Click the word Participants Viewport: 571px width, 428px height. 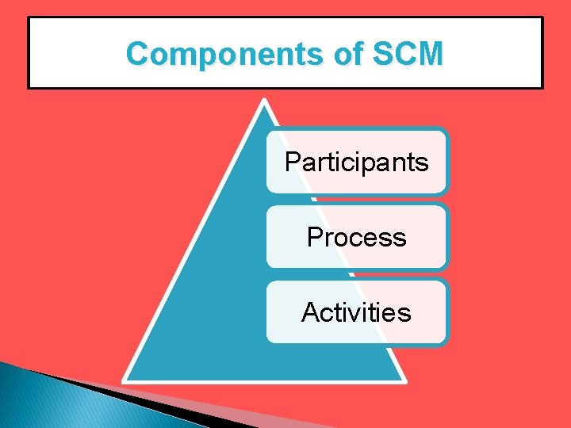356,162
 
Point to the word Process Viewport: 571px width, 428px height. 356,237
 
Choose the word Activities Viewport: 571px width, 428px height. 356,312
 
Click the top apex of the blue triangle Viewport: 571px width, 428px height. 264,101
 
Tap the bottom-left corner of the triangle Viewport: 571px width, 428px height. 125,380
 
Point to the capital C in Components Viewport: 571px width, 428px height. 137,55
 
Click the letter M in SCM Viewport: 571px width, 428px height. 429,55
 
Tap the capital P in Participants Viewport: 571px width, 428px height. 292,162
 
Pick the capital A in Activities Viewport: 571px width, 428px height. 310,312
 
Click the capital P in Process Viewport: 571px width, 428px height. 314,237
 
